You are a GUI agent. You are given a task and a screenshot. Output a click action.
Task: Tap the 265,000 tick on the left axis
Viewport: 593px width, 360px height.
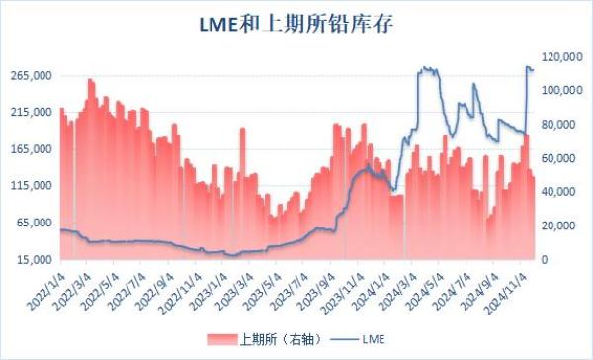tap(29, 76)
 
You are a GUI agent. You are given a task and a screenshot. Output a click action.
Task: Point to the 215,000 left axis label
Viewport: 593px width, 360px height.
tap(29, 113)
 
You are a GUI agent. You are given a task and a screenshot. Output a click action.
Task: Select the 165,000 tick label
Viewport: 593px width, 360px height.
tap(29, 149)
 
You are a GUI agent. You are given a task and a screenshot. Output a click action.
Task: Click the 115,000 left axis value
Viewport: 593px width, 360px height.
tap(29, 186)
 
